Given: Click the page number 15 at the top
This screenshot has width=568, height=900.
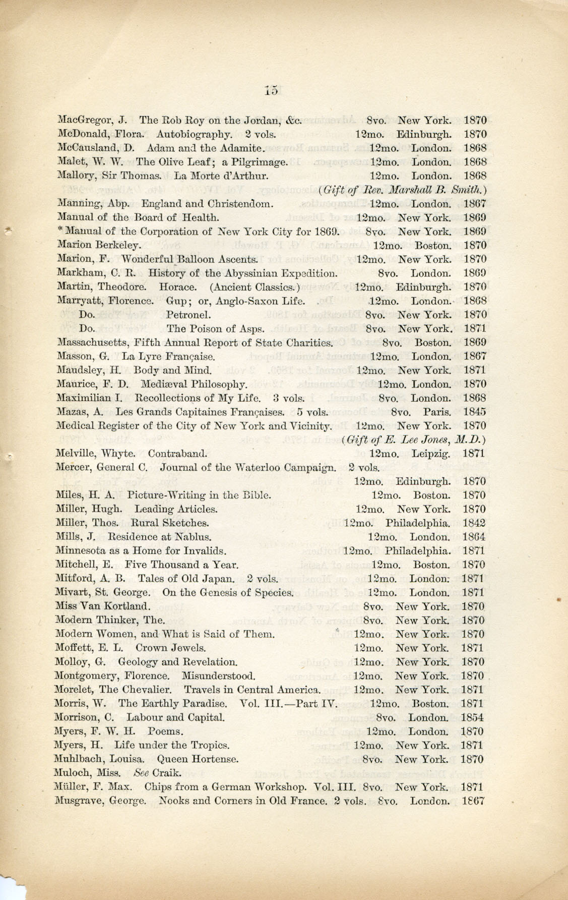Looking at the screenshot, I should pos(271,91).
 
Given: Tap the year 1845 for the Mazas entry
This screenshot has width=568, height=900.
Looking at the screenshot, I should pos(474,412).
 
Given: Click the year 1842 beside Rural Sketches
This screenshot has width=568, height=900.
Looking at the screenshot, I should pos(474,523).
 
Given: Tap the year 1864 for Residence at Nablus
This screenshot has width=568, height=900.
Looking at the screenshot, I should pos(474,537).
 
